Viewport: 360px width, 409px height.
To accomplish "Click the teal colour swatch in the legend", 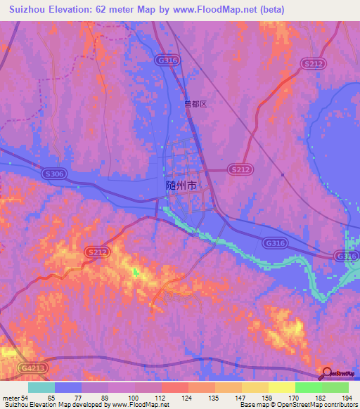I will point(41,387).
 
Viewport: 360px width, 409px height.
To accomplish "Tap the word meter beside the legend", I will point(11,398).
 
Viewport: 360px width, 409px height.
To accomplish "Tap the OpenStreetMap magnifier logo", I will point(326,373).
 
